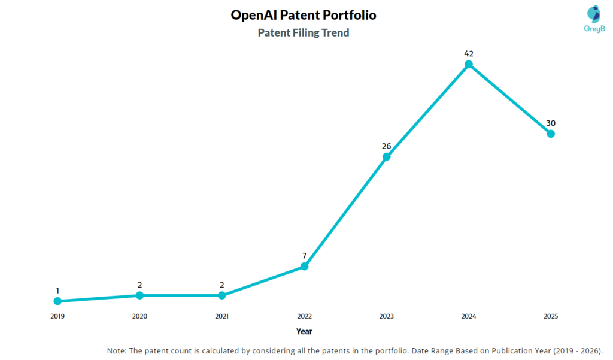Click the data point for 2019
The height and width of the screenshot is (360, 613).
coord(57,301)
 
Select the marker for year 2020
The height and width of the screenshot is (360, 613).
coord(139,295)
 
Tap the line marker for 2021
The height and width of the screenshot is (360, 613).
coord(221,295)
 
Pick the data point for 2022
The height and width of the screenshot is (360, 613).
coord(304,266)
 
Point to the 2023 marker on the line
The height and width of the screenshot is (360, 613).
coord(386,157)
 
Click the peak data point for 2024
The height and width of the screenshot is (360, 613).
coord(469,64)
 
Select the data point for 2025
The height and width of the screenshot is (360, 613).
coord(551,134)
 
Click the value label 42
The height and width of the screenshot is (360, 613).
coord(469,53)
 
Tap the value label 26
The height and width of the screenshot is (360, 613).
coord(386,146)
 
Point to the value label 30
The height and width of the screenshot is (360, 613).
coord(551,123)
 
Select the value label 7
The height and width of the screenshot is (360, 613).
coord(304,256)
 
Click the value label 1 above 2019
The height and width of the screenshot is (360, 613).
coord(57,291)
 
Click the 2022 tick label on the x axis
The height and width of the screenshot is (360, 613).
coord(304,316)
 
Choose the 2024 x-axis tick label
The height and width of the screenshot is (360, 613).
coord(469,316)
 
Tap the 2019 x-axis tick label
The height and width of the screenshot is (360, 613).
coord(57,316)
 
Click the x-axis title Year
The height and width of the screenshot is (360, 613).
coord(304,331)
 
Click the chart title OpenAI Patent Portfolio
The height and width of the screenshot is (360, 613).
coord(304,15)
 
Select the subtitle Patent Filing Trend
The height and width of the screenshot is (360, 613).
coord(304,33)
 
